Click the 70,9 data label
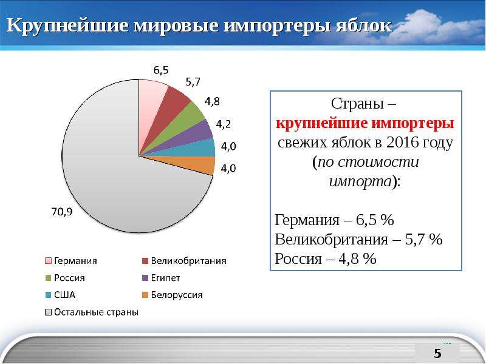(62, 212)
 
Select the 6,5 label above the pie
(161, 70)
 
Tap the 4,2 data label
(223, 124)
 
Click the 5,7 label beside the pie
(193, 82)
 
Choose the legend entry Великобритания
(184, 261)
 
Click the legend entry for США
(60, 295)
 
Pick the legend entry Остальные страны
(92, 312)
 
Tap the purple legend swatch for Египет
(145, 278)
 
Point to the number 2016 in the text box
(403, 143)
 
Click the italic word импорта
(360, 181)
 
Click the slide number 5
(437, 353)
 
